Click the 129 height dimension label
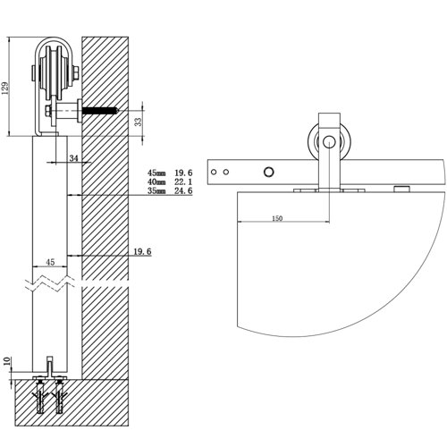coord(5,88)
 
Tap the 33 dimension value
coord(139,122)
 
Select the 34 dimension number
coord(73,158)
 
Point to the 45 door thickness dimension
coord(50,262)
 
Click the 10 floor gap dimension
coord(8,361)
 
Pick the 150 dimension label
coord(277,218)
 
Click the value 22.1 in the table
coord(183,181)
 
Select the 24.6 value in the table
coord(183,190)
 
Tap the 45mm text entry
coord(156,173)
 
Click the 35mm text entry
coord(156,190)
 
